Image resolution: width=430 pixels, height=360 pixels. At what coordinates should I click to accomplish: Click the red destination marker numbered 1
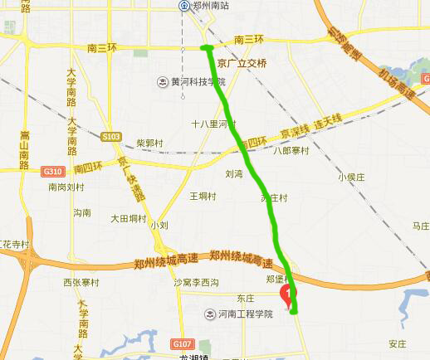[x=288, y=294]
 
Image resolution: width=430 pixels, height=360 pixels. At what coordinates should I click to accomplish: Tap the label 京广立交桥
[x=241, y=63]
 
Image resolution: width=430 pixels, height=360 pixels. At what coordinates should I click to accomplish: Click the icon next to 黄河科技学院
[x=164, y=81]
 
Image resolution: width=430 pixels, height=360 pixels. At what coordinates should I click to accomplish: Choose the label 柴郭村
[x=150, y=142]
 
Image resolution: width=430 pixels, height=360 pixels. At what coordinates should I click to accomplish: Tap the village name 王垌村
[x=203, y=197]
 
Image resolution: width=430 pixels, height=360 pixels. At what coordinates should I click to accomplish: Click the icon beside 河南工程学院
[x=210, y=314]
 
